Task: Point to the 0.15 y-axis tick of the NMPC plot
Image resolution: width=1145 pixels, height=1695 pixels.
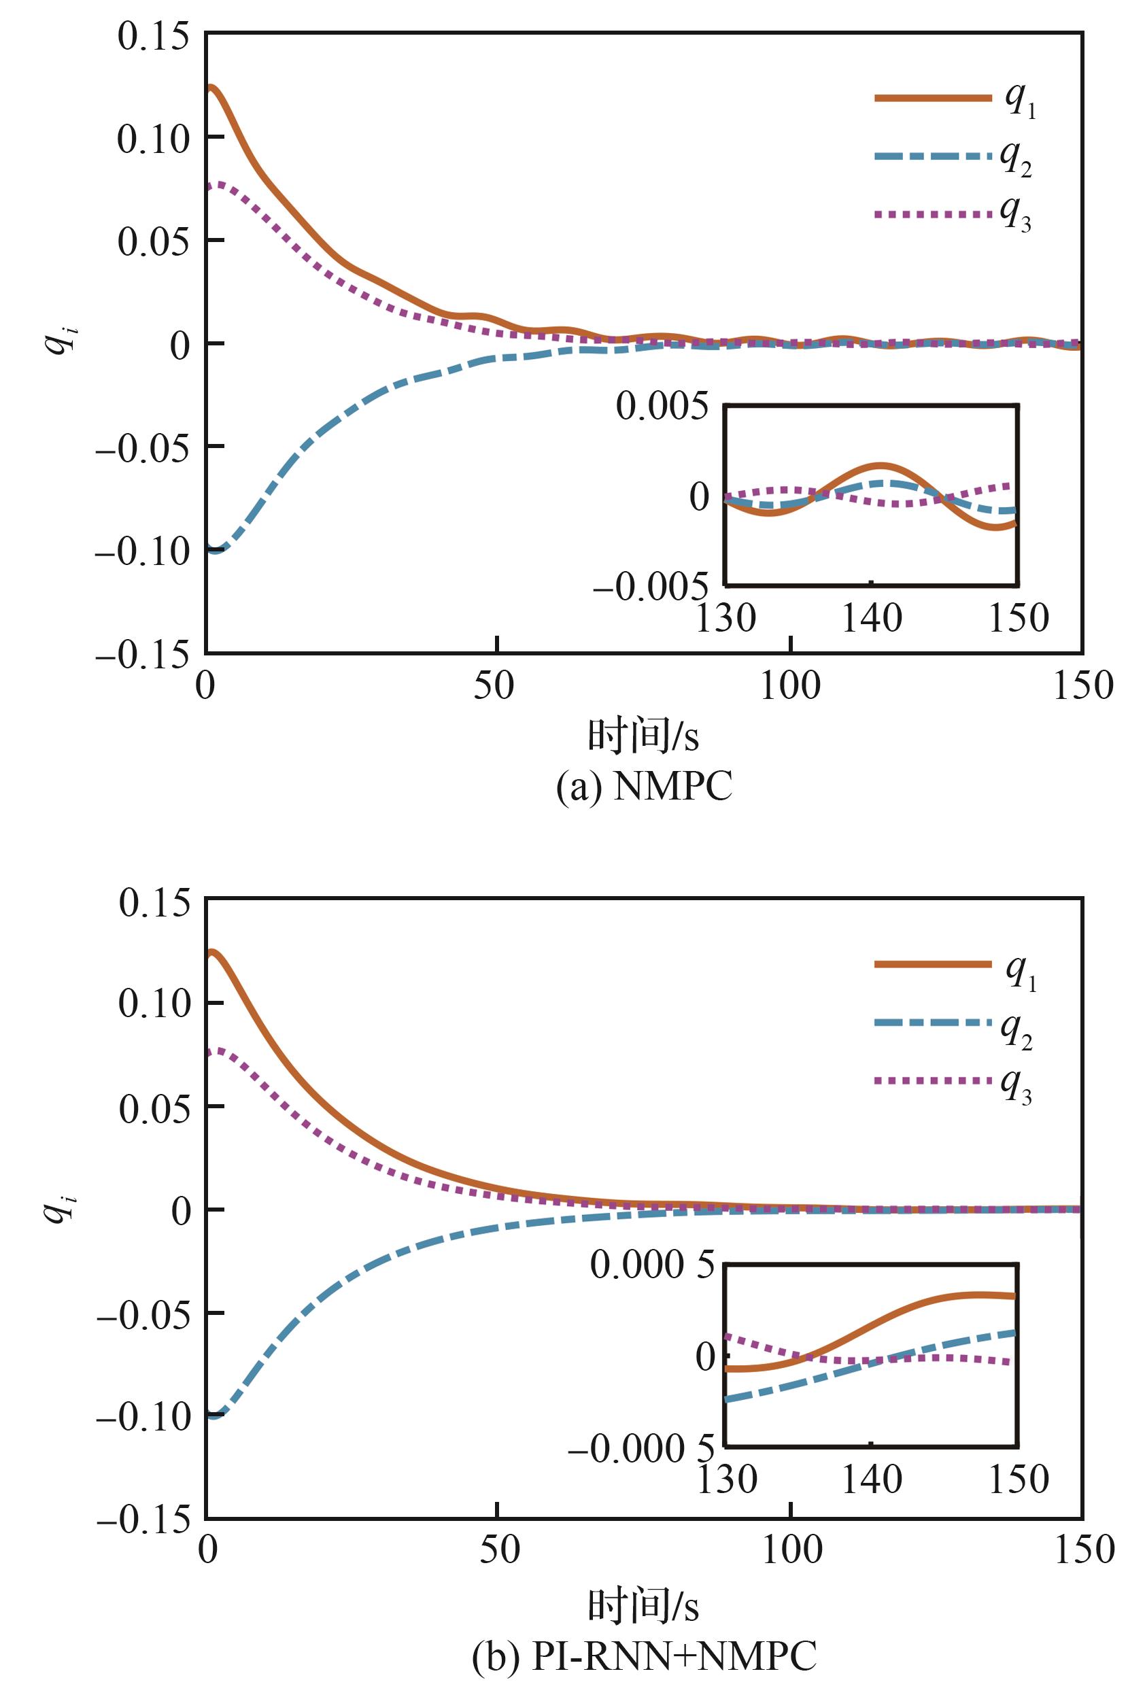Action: (x=153, y=36)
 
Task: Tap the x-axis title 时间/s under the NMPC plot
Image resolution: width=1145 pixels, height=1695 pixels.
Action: (x=643, y=736)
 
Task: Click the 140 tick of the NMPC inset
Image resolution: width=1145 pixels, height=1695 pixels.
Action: (x=872, y=619)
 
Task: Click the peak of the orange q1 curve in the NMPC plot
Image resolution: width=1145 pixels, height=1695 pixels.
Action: (x=211, y=87)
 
